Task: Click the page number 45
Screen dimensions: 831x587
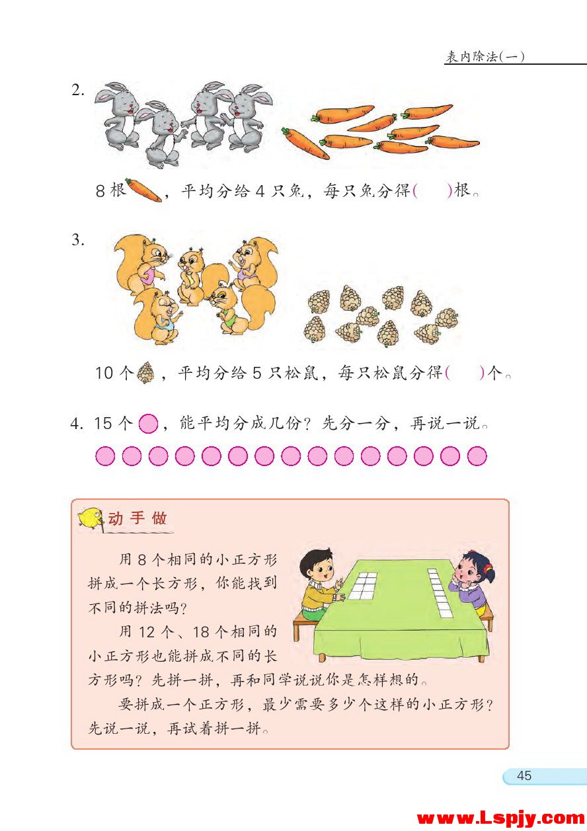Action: (x=524, y=775)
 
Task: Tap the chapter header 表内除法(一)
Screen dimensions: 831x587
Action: (x=485, y=57)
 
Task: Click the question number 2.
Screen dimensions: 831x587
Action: (x=78, y=91)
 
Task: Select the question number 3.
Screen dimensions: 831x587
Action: (x=78, y=240)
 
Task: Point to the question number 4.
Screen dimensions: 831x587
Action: (x=76, y=424)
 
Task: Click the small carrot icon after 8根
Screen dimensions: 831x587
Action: (x=143, y=190)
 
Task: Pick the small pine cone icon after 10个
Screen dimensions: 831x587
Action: (x=145, y=373)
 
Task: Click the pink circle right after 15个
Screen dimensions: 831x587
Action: (x=149, y=424)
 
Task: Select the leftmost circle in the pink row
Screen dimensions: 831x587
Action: (x=105, y=456)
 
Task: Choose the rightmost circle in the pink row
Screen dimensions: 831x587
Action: (x=477, y=456)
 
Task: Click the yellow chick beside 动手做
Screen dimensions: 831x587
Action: (x=91, y=518)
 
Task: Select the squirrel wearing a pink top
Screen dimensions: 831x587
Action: (x=143, y=264)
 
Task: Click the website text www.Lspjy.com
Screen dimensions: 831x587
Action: (x=500, y=818)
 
